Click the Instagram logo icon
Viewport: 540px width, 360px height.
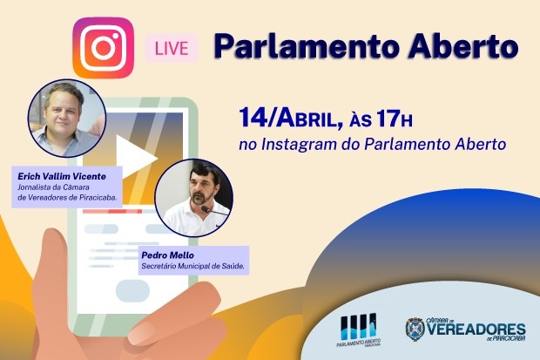coord(104,48)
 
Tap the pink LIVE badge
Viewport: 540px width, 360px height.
coord(172,48)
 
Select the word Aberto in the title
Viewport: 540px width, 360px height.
coord(463,46)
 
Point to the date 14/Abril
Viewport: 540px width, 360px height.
coord(287,118)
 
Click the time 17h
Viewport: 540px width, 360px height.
coord(394,119)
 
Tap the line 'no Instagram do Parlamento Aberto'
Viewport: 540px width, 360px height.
coord(372,145)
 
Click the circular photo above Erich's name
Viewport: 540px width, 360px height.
coord(67,119)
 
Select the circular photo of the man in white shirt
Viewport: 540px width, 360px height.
coord(194,198)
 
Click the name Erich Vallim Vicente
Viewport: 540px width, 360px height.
coord(62,176)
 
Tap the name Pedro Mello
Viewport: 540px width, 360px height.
coord(168,255)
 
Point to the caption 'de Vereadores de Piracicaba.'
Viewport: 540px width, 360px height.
coord(67,198)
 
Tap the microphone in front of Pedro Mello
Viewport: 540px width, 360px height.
coord(213,211)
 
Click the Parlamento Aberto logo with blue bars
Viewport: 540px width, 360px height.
coord(359,330)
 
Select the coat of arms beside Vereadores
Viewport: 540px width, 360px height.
coord(415,329)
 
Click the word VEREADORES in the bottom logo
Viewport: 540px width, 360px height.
coord(476,329)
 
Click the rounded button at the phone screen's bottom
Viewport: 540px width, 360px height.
coord(132,290)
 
